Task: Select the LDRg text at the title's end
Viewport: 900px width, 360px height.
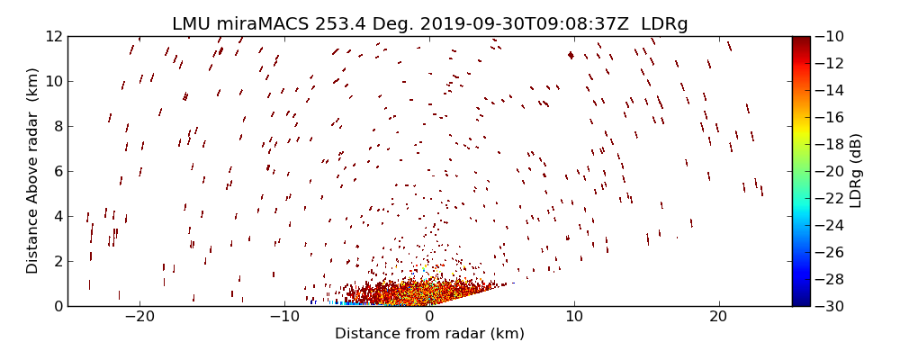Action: (x=665, y=24)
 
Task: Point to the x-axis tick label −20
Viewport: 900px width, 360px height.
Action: (x=139, y=317)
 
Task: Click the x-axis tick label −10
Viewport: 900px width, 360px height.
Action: (x=284, y=317)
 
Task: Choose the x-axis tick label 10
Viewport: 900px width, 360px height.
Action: (x=574, y=317)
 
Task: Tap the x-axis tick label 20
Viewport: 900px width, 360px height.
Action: (x=718, y=317)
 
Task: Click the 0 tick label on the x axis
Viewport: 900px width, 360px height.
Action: (x=429, y=317)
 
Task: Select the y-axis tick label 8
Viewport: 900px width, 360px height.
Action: (x=57, y=126)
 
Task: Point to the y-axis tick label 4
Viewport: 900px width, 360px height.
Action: (x=57, y=216)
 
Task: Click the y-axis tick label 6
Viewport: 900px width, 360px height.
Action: (x=57, y=171)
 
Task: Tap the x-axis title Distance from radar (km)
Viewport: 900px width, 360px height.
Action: (x=429, y=334)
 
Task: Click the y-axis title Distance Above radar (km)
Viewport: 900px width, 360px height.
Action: (x=32, y=171)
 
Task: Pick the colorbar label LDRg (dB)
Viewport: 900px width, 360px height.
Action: (x=856, y=171)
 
